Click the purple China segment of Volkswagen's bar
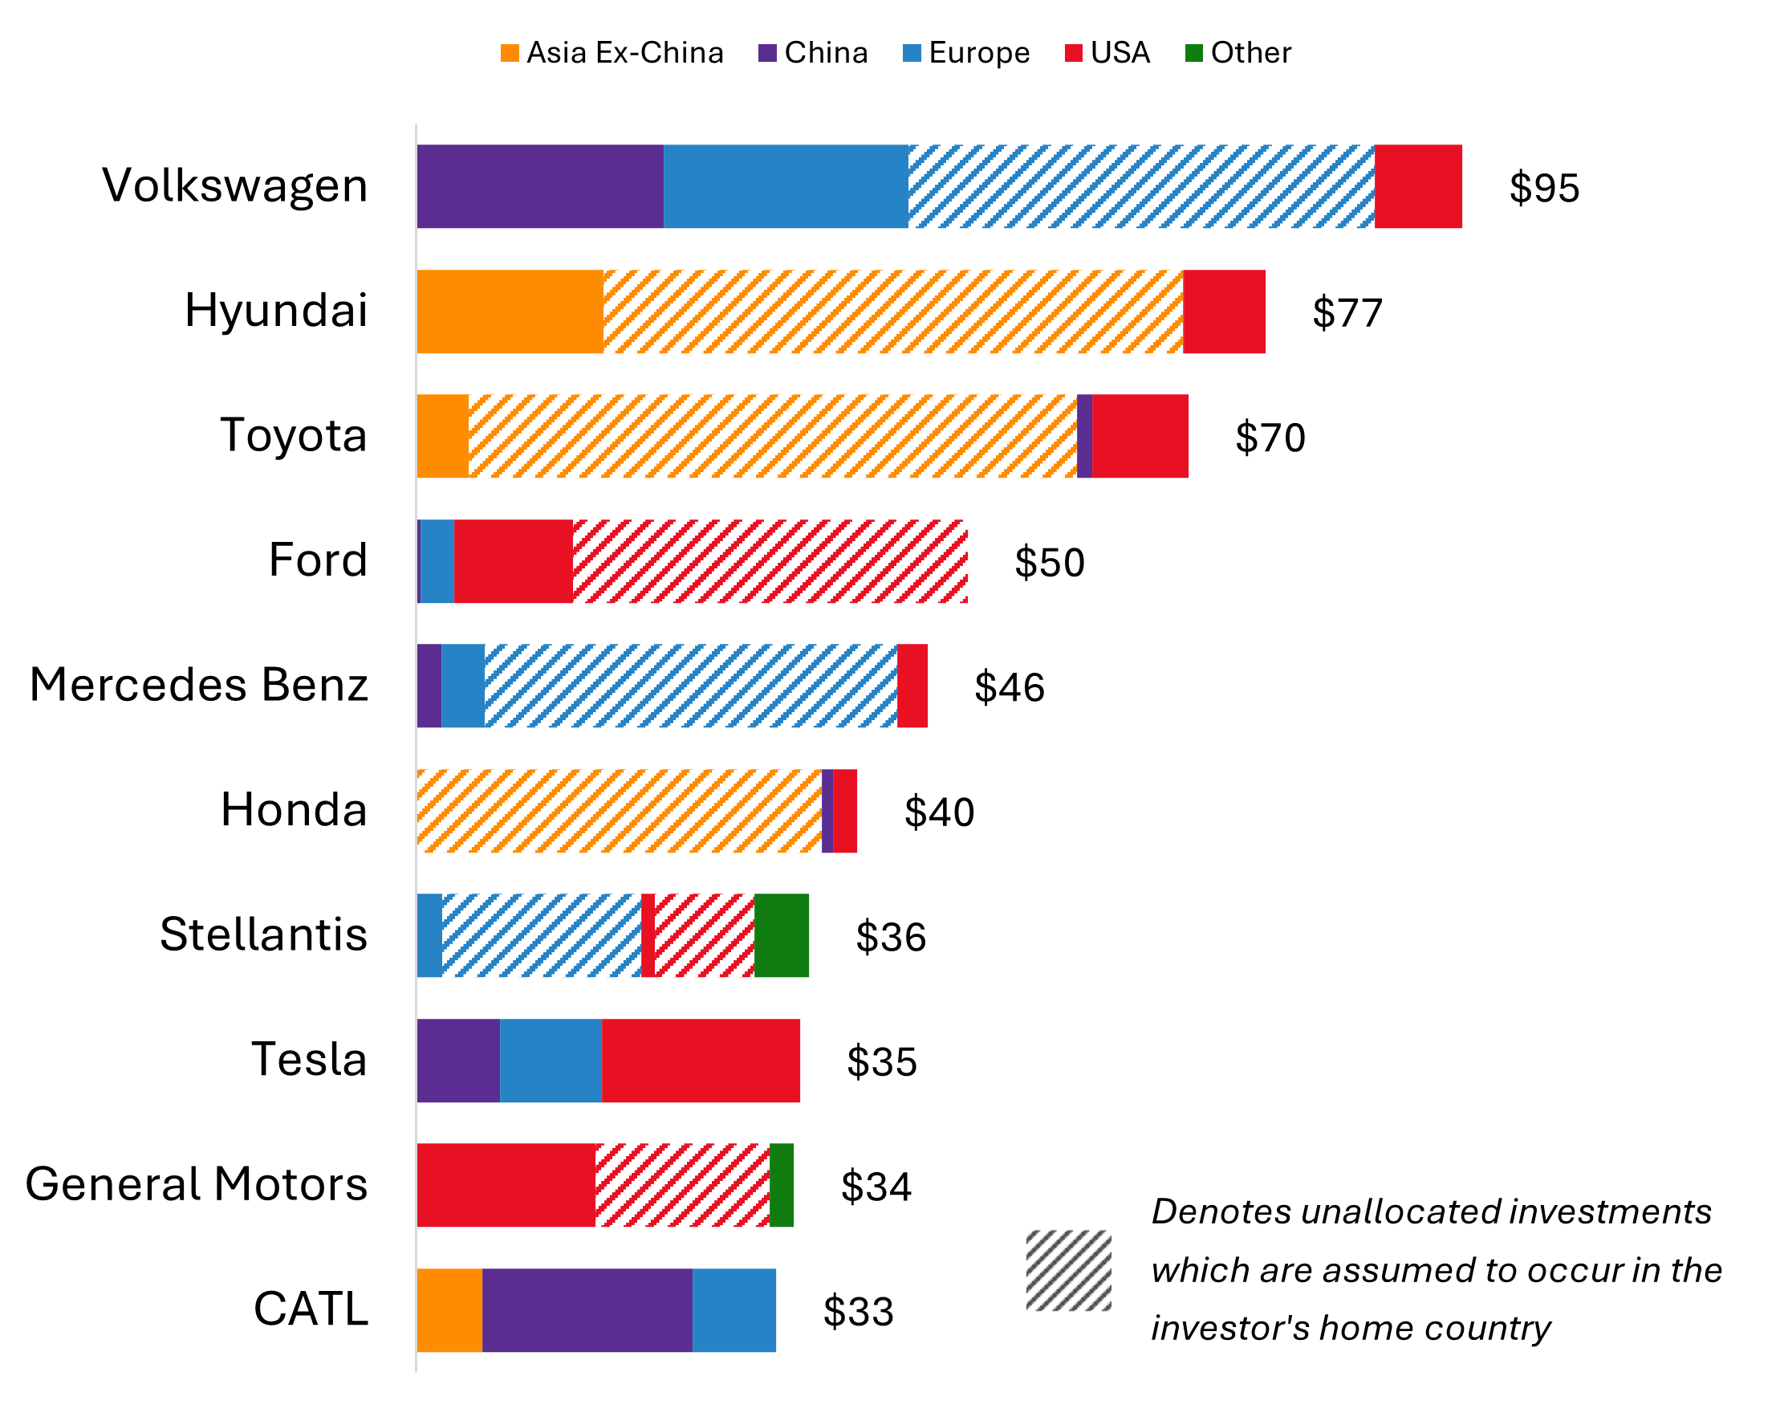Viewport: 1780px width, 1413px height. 540,186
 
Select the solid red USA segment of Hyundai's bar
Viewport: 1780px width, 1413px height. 1224,312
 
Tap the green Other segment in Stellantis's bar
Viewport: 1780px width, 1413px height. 781,935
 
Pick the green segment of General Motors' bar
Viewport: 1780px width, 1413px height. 781,1185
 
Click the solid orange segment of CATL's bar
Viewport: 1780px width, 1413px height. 449,1310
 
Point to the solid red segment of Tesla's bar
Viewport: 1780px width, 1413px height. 700,1061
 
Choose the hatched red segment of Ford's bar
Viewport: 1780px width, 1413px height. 770,561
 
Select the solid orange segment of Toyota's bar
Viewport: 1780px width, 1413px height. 442,436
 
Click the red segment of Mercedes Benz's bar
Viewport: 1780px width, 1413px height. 912,686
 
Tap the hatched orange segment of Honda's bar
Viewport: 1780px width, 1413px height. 620,811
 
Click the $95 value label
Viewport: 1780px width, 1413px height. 1544,189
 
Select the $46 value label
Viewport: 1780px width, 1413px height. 1009,688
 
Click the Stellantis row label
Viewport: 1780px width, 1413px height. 263,935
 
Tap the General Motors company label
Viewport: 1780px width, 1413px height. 197,1185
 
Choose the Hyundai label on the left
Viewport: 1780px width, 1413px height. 276,312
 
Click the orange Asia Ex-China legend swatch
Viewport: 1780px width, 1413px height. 510,53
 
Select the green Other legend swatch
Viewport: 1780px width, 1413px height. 1194,53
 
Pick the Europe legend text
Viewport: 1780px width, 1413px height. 979,53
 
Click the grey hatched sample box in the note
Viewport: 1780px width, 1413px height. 1068,1271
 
